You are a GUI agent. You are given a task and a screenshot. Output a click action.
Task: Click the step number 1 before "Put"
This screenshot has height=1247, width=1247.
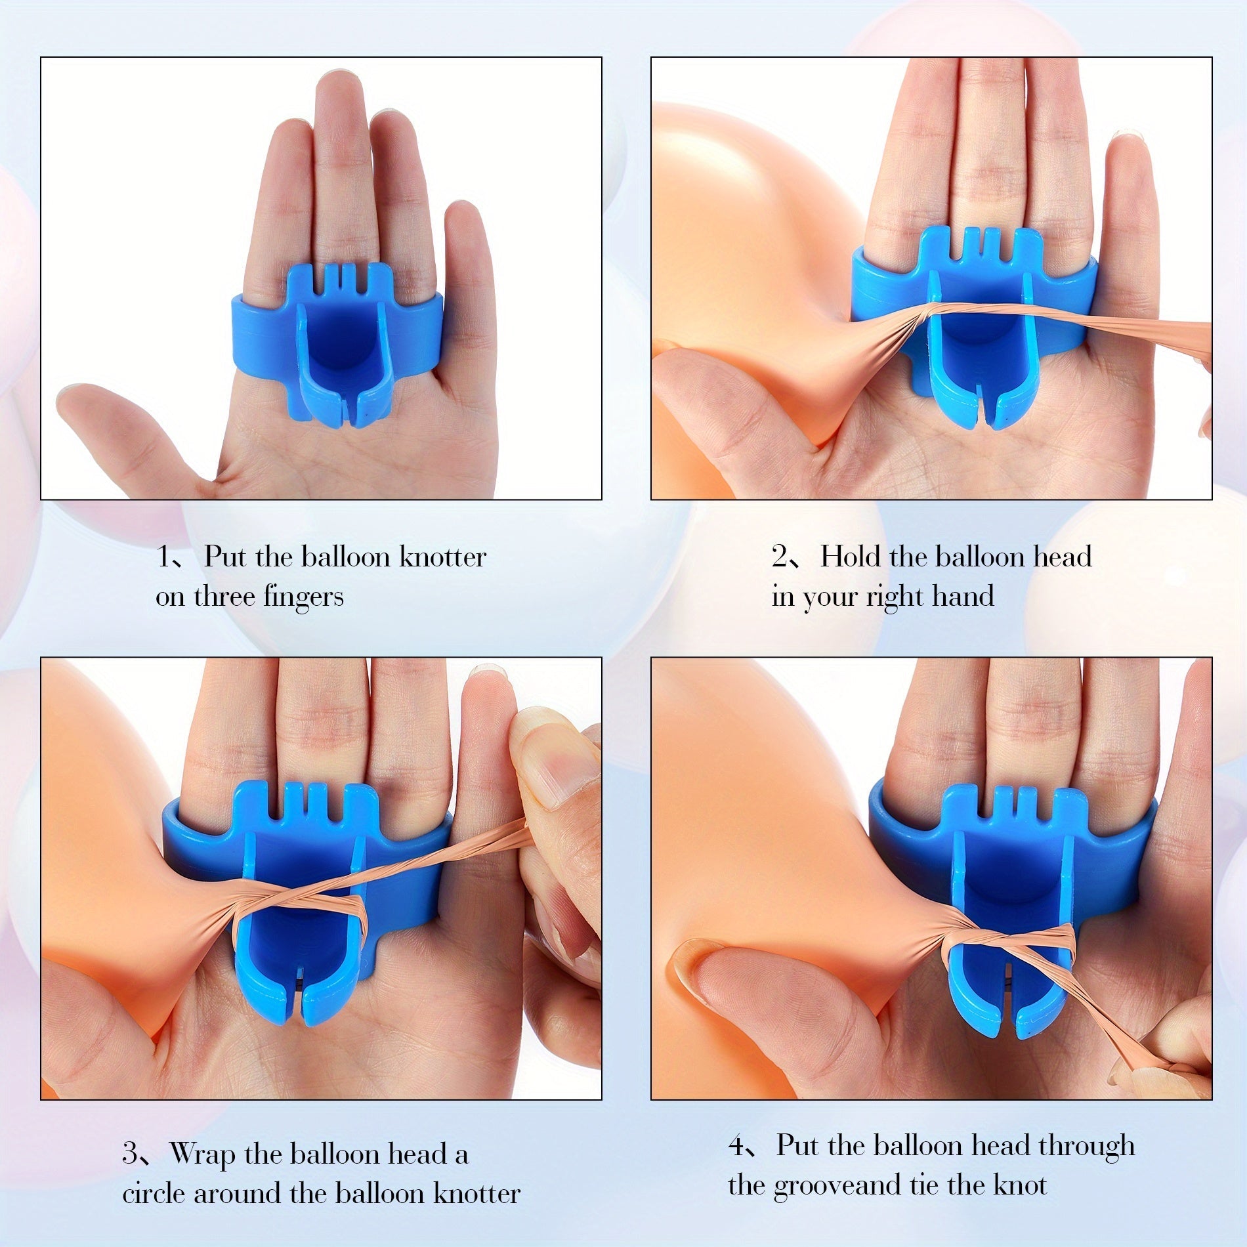[163, 558]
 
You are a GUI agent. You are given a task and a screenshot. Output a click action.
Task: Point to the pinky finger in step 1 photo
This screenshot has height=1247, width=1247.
[470, 276]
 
